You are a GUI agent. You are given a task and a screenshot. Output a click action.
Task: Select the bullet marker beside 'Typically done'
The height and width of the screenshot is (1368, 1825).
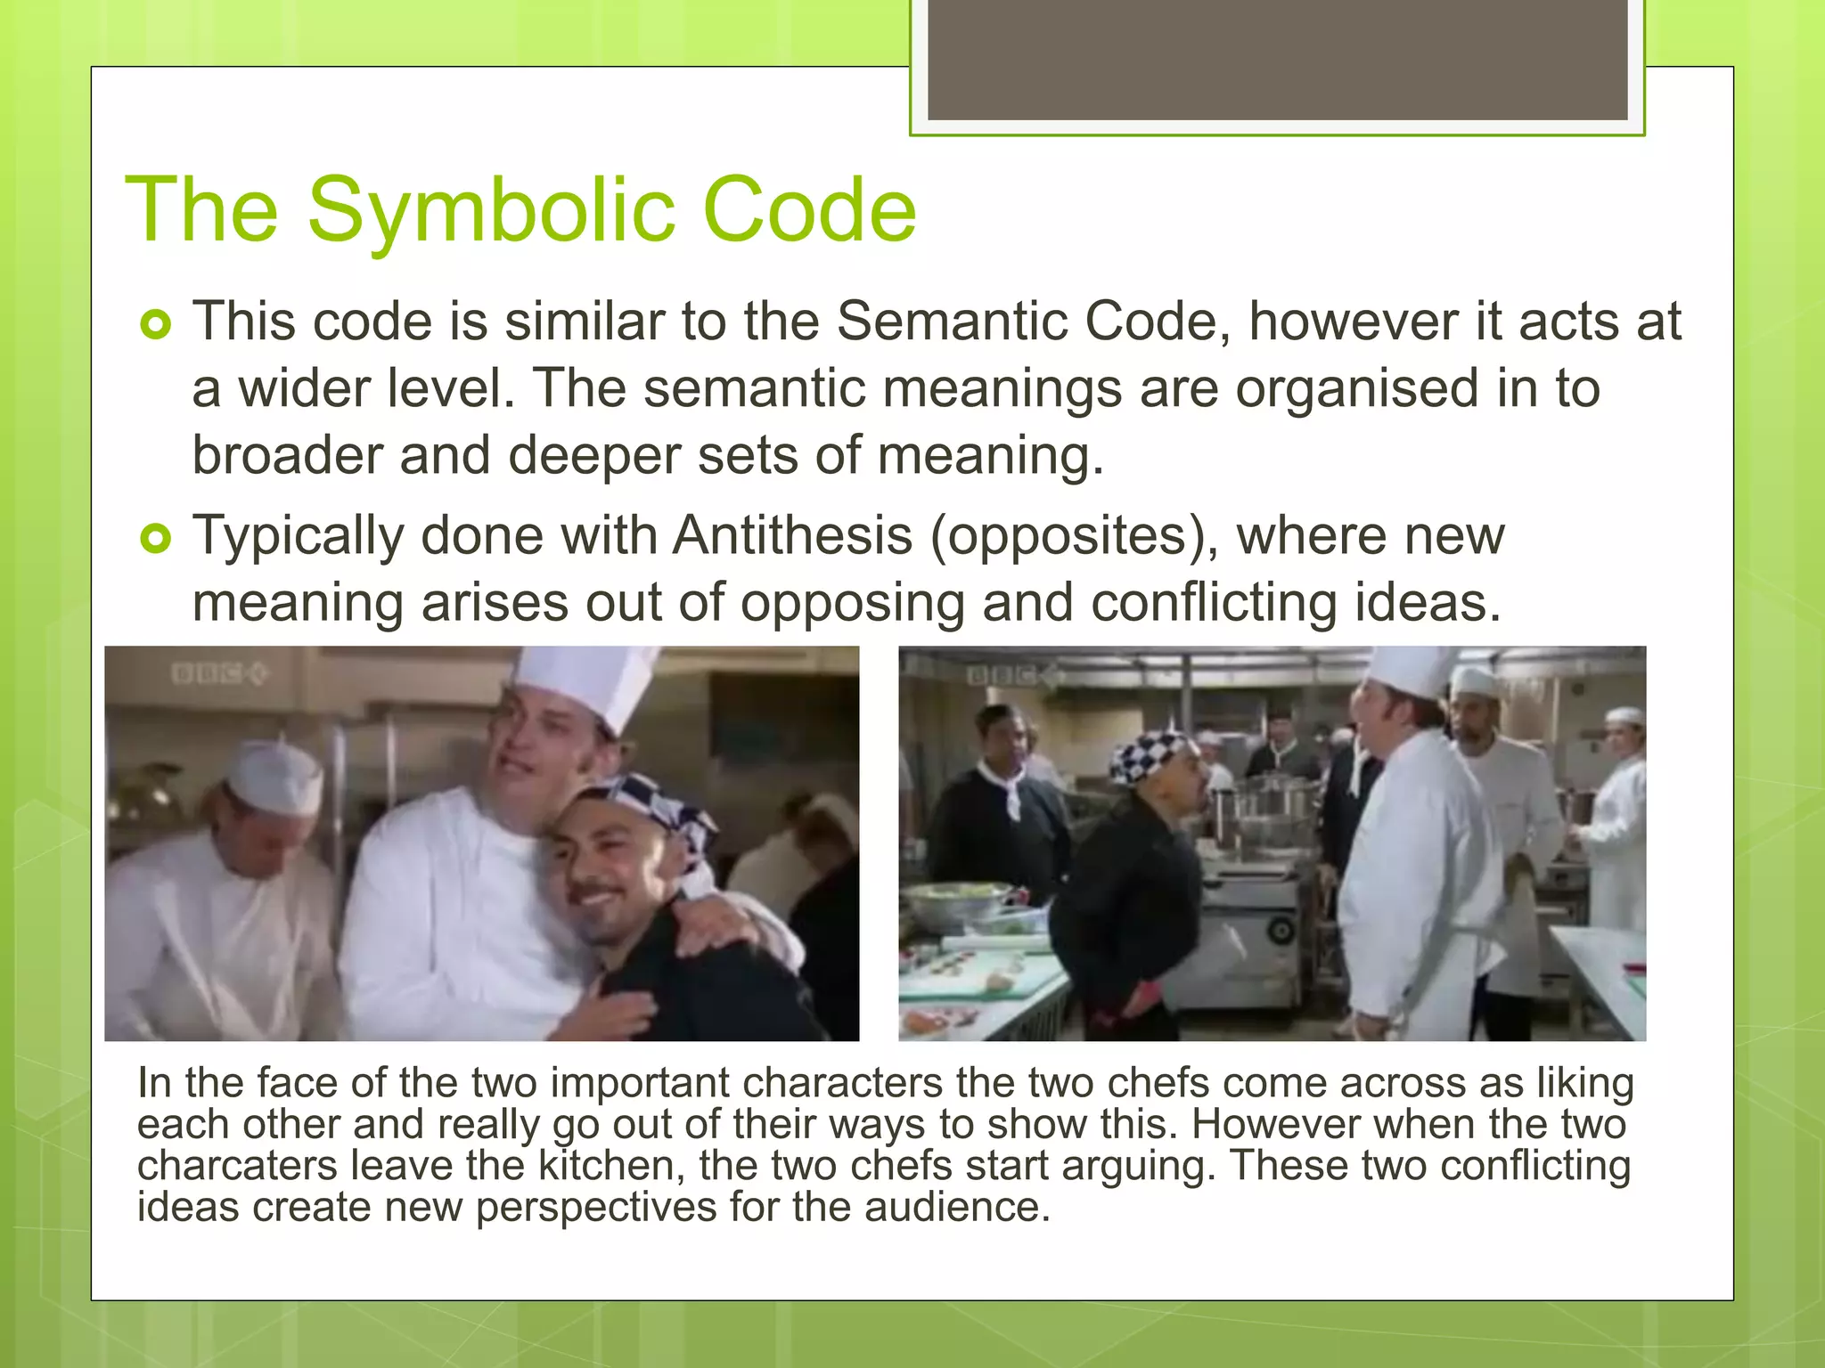[x=155, y=539]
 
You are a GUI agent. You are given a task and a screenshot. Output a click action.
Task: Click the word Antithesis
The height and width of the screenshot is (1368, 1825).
[x=792, y=535]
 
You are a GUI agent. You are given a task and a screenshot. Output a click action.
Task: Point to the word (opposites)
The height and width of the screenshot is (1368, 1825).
[x=1074, y=537]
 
